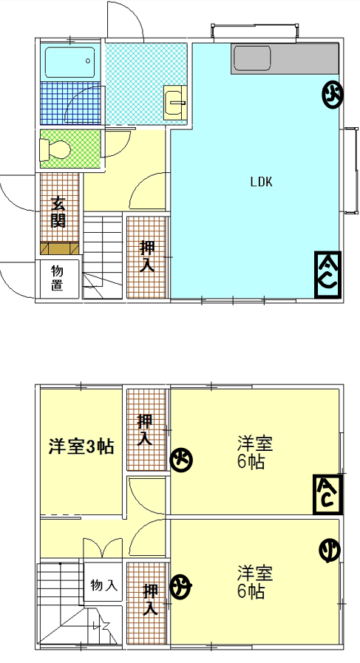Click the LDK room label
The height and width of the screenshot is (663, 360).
coord(261,183)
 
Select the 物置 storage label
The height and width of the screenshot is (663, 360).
coord(58,278)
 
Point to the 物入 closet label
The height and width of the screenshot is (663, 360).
coord(103,585)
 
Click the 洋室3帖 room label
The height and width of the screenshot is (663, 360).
coord(81,446)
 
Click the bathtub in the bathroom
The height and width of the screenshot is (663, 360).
coord(70,62)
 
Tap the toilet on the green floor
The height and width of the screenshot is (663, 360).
coord(54,150)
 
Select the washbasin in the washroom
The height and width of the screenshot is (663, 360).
coord(174,102)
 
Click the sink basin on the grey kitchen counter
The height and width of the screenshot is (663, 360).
coord(251,59)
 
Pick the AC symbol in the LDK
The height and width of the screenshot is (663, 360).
coord(327,275)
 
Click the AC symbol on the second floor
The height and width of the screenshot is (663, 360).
coord(327,494)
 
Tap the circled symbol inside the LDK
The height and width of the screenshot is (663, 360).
coord(333,95)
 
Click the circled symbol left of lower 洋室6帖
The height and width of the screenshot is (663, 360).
coord(181,586)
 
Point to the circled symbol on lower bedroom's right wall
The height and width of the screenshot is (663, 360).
coord(330,551)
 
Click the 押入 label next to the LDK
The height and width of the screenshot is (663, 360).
coord(147,256)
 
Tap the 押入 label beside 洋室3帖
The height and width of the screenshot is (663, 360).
coord(145,429)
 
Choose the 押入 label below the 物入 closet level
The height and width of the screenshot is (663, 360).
coord(150,599)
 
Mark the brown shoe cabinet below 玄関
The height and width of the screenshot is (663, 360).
coord(60,248)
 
